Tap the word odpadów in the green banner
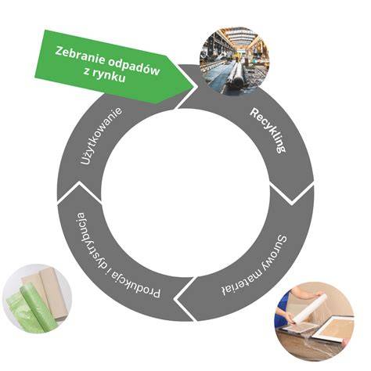tap(133, 66)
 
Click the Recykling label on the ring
tap(268, 131)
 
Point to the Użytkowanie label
tap(101, 136)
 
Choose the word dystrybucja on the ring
tap(90, 240)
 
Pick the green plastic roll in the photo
tap(37, 307)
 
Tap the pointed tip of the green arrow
tap(196, 86)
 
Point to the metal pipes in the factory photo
tap(237, 76)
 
